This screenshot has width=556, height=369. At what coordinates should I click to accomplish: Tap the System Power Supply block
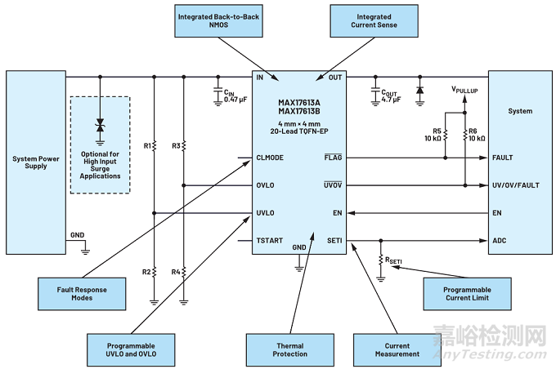tap(35, 162)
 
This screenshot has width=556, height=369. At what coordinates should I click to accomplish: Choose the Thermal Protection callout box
tap(290, 349)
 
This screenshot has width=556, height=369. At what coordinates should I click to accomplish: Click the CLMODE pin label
tap(270, 158)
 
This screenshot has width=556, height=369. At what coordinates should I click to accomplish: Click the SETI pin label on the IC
tap(334, 241)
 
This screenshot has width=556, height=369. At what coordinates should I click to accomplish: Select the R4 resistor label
tap(177, 271)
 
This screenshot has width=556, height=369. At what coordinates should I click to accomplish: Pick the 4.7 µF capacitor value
tap(392, 99)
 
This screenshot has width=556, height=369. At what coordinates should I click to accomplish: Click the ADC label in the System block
tap(499, 241)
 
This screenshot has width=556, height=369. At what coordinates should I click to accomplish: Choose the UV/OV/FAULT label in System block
tap(515, 185)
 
